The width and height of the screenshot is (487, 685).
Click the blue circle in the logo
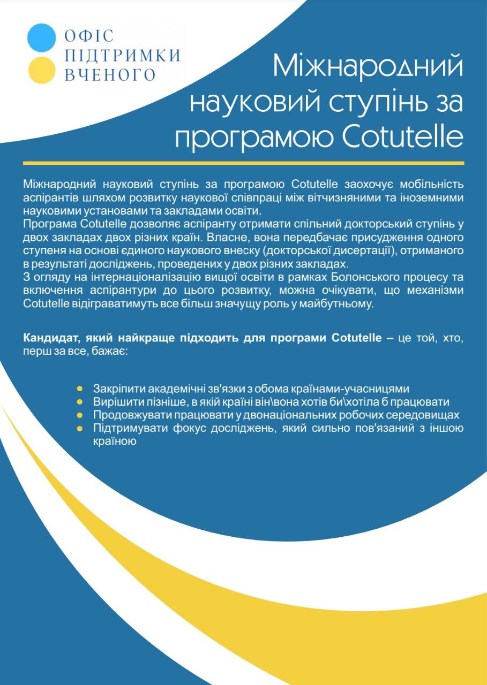pos(41,38)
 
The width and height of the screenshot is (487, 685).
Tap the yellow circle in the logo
pos(41,70)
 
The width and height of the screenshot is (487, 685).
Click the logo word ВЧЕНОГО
pos(110,74)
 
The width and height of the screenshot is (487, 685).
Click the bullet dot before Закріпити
pos(80,388)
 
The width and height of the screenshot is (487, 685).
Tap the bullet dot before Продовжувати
pos(80,415)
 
